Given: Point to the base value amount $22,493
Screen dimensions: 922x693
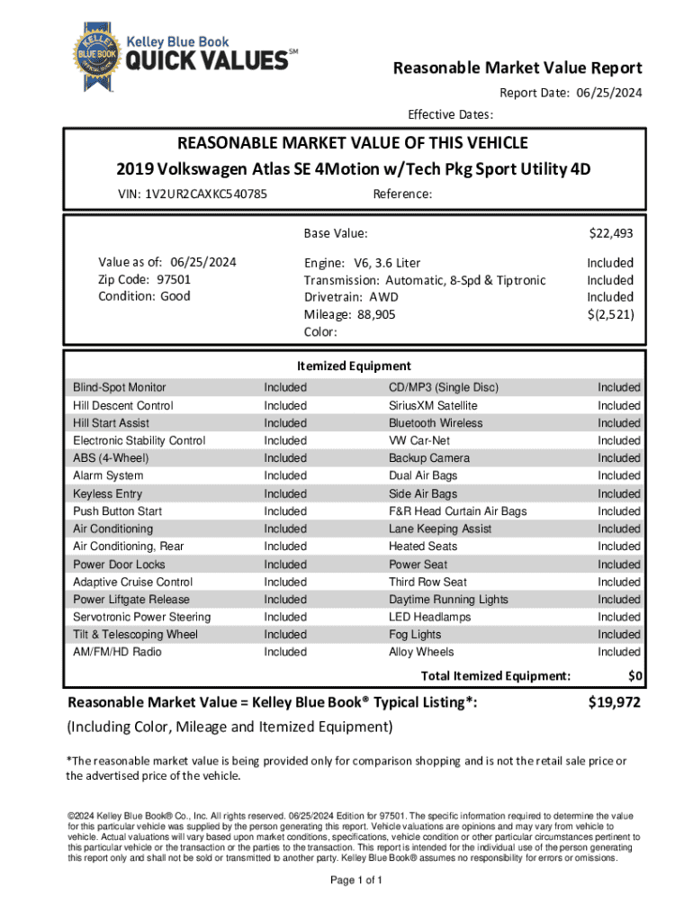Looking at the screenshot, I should click(611, 234).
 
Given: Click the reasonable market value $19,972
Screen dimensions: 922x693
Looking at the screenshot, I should click(614, 703).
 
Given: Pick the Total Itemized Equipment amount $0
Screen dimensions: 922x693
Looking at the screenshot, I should click(634, 676).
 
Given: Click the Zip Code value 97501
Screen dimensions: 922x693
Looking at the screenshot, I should click(174, 279).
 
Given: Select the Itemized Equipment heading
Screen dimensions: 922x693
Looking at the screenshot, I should click(354, 366).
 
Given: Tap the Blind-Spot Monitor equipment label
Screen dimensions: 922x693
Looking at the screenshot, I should click(119, 387).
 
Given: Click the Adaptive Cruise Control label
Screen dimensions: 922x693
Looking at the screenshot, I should click(132, 582).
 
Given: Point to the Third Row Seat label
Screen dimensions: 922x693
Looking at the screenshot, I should click(427, 582).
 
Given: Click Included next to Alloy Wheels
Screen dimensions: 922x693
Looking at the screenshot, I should click(619, 652).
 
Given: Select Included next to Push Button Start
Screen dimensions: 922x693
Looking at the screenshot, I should click(284, 511).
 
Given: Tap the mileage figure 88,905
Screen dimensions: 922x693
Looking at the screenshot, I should click(373, 314).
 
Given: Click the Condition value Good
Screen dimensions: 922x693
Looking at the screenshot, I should click(175, 296).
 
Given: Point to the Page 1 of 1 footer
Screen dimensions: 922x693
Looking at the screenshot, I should click(357, 881).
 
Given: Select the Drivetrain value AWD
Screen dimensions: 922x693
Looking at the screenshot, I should click(383, 297).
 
